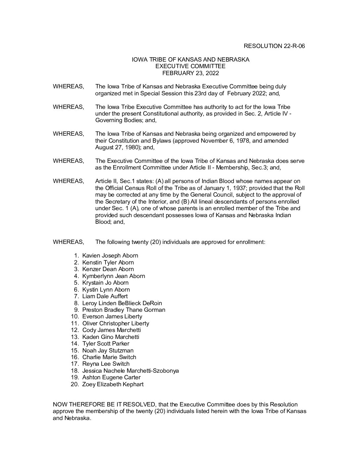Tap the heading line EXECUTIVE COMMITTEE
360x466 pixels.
click(190, 67)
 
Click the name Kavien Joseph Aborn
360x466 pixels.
click(110, 256)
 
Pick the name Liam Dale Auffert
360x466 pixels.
click(105, 296)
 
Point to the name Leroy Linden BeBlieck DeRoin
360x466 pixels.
click(122, 303)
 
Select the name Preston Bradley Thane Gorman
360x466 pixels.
click(124, 310)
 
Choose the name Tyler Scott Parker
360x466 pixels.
click(106, 344)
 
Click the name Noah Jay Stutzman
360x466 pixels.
click(108, 350)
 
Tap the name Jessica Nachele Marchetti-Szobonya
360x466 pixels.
click(130, 371)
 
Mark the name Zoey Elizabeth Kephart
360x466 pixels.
click(113, 384)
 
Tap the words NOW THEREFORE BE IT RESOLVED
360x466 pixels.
click(104, 404)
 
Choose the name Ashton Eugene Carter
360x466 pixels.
click(111, 377)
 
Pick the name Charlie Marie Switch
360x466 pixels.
click(109, 357)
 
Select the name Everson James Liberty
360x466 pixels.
click(112, 317)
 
